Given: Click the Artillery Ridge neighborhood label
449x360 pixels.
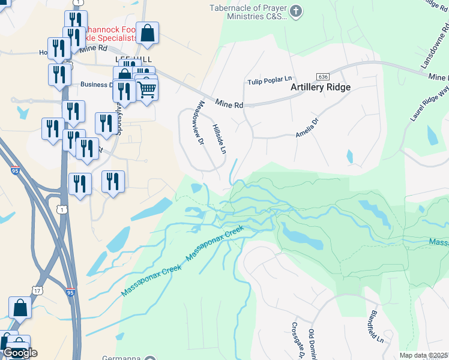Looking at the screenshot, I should tap(320, 86).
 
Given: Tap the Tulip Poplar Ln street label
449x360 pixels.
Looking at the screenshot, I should tap(270, 80).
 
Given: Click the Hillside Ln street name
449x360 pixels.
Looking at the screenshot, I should tap(218, 139).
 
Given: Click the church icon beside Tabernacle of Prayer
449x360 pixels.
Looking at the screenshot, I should tap(295, 11).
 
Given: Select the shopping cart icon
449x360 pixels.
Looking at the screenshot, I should tap(148, 90).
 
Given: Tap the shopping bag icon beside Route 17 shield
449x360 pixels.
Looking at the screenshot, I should tap(20, 307).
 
